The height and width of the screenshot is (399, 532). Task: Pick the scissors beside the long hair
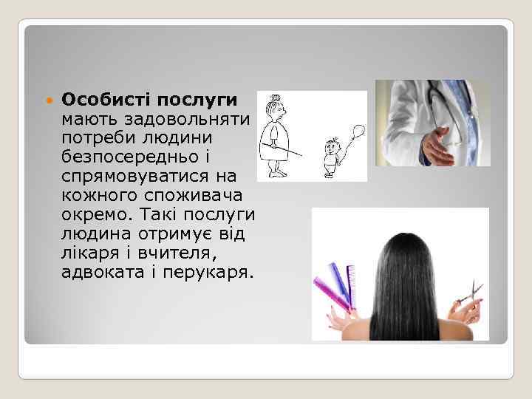pos(468,295)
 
